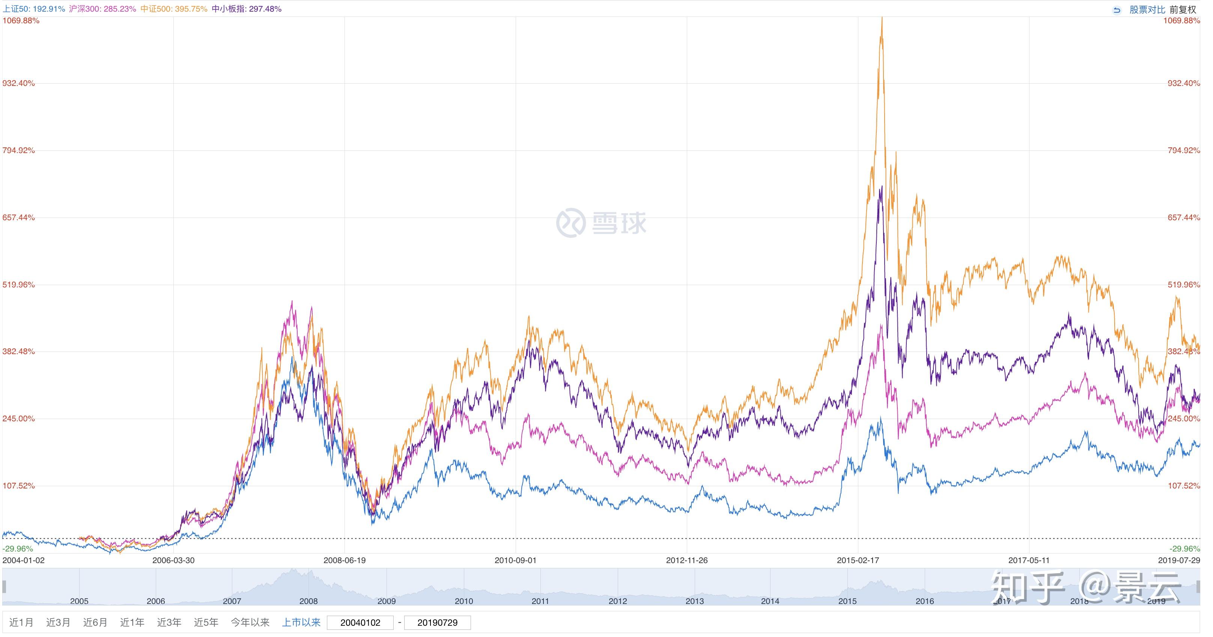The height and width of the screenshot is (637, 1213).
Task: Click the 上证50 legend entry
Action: coord(33,9)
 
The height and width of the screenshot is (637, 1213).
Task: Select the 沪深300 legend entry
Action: coord(102,9)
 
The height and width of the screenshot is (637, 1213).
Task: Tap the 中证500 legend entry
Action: coord(174,9)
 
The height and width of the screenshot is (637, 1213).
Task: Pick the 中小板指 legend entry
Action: coord(246,9)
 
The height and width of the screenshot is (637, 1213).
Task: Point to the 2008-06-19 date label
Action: coord(344,560)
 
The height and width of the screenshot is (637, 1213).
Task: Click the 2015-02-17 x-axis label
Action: coord(858,560)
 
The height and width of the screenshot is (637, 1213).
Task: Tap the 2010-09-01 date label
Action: coord(515,560)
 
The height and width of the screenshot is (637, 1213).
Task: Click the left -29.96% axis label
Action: coord(18,549)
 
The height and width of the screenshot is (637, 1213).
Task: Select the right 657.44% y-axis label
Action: coord(1183,218)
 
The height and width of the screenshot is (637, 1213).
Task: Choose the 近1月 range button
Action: coord(21,622)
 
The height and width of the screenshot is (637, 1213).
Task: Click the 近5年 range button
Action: coord(206,622)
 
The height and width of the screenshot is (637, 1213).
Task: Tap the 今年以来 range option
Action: coord(250,622)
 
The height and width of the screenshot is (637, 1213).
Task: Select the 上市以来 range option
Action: coord(301,622)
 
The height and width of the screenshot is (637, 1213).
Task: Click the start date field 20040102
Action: coord(360,623)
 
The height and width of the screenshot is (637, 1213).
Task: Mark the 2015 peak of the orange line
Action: coord(882,19)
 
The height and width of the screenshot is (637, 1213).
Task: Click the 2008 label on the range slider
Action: coord(309,601)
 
